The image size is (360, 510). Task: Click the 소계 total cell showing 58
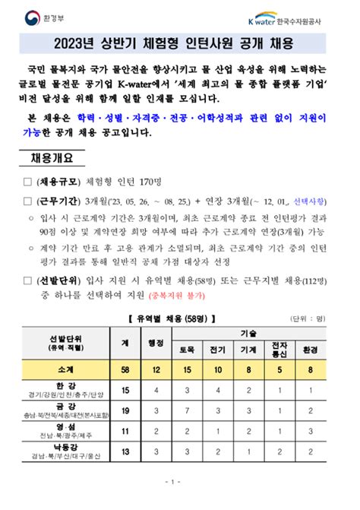click(x=125, y=369)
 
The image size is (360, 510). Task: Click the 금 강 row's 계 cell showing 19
click(x=125, y=411)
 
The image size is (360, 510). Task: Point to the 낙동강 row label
click(x=65, y=450)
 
